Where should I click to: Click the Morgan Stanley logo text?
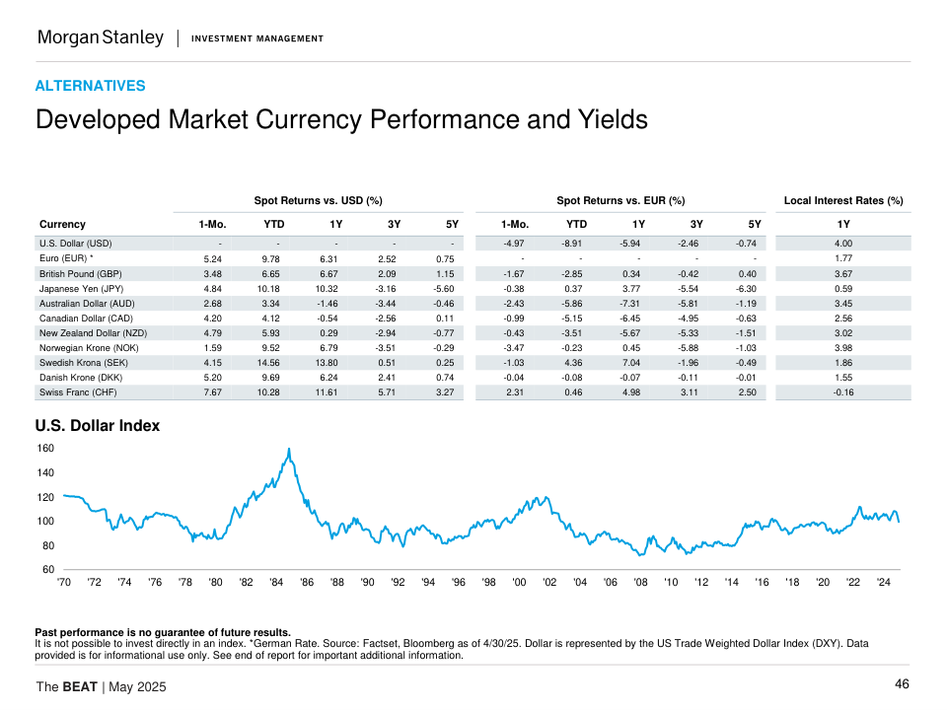click(100, 37)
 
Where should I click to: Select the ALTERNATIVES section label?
click(90, 86)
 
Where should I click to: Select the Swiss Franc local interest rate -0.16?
click(842, 392)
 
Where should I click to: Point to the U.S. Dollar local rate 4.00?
click(842, 244)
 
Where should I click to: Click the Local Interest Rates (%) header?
click(842, 201)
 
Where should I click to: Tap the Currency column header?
click(62, 224)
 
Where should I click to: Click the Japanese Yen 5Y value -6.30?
click(747, 289)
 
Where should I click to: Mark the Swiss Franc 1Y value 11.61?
click(334, 392)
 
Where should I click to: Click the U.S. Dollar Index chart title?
click(97, 426)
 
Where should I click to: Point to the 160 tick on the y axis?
click(46, 449)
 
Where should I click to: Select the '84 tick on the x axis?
click(276, 583)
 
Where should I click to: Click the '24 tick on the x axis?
click(884, 583)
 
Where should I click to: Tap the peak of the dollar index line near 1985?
click(289, 450)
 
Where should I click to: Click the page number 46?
click(902, 684)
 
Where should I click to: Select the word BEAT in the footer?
click(80, 686)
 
